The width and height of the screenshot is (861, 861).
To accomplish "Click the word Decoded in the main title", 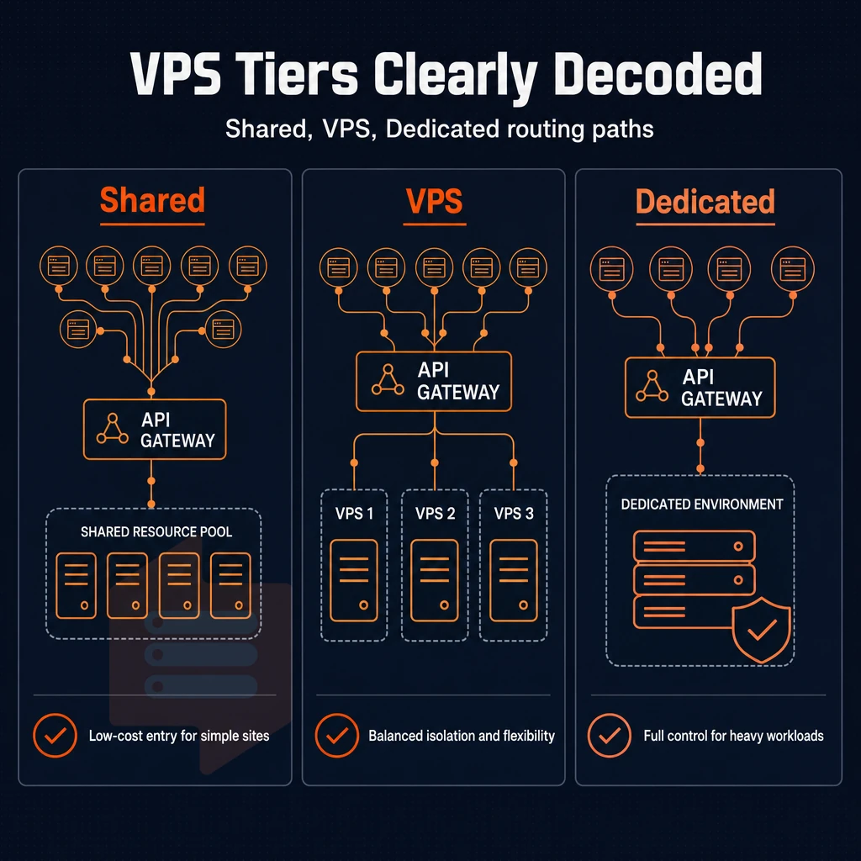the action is pos(658,74).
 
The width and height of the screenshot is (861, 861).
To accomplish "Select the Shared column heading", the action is pos(153,199).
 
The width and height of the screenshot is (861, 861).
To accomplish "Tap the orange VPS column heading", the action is pos(435,201).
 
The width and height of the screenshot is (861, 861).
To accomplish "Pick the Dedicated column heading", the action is pos(705,202).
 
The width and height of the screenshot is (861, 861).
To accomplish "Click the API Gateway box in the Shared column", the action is pos(155,430).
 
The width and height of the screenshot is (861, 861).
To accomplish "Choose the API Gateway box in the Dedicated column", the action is pos(700,388).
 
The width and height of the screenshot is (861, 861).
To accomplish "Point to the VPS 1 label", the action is pos(354,514).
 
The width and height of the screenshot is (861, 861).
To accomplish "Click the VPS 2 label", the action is pos(435,514).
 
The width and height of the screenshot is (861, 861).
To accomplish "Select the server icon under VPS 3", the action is pos(514,580).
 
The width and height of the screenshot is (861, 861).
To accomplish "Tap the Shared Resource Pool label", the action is pos(156,531).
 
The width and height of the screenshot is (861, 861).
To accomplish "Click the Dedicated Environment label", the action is pos(702,504).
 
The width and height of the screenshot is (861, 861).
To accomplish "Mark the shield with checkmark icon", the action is pos(762,630).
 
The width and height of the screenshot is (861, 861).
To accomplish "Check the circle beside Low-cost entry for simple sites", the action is pos(55,736).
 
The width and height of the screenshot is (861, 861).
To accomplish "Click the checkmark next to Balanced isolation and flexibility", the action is pos(337,736).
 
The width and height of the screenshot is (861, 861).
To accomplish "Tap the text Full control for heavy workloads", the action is pos(733,736).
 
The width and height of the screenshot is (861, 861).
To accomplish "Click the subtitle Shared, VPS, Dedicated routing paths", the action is pos(439,129).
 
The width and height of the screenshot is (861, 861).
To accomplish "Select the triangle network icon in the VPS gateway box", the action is pos(388,380).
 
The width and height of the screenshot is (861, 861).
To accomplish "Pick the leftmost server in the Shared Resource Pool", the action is pos(77,586).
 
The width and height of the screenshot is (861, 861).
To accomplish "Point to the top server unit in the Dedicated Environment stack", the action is pos(694,547).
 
